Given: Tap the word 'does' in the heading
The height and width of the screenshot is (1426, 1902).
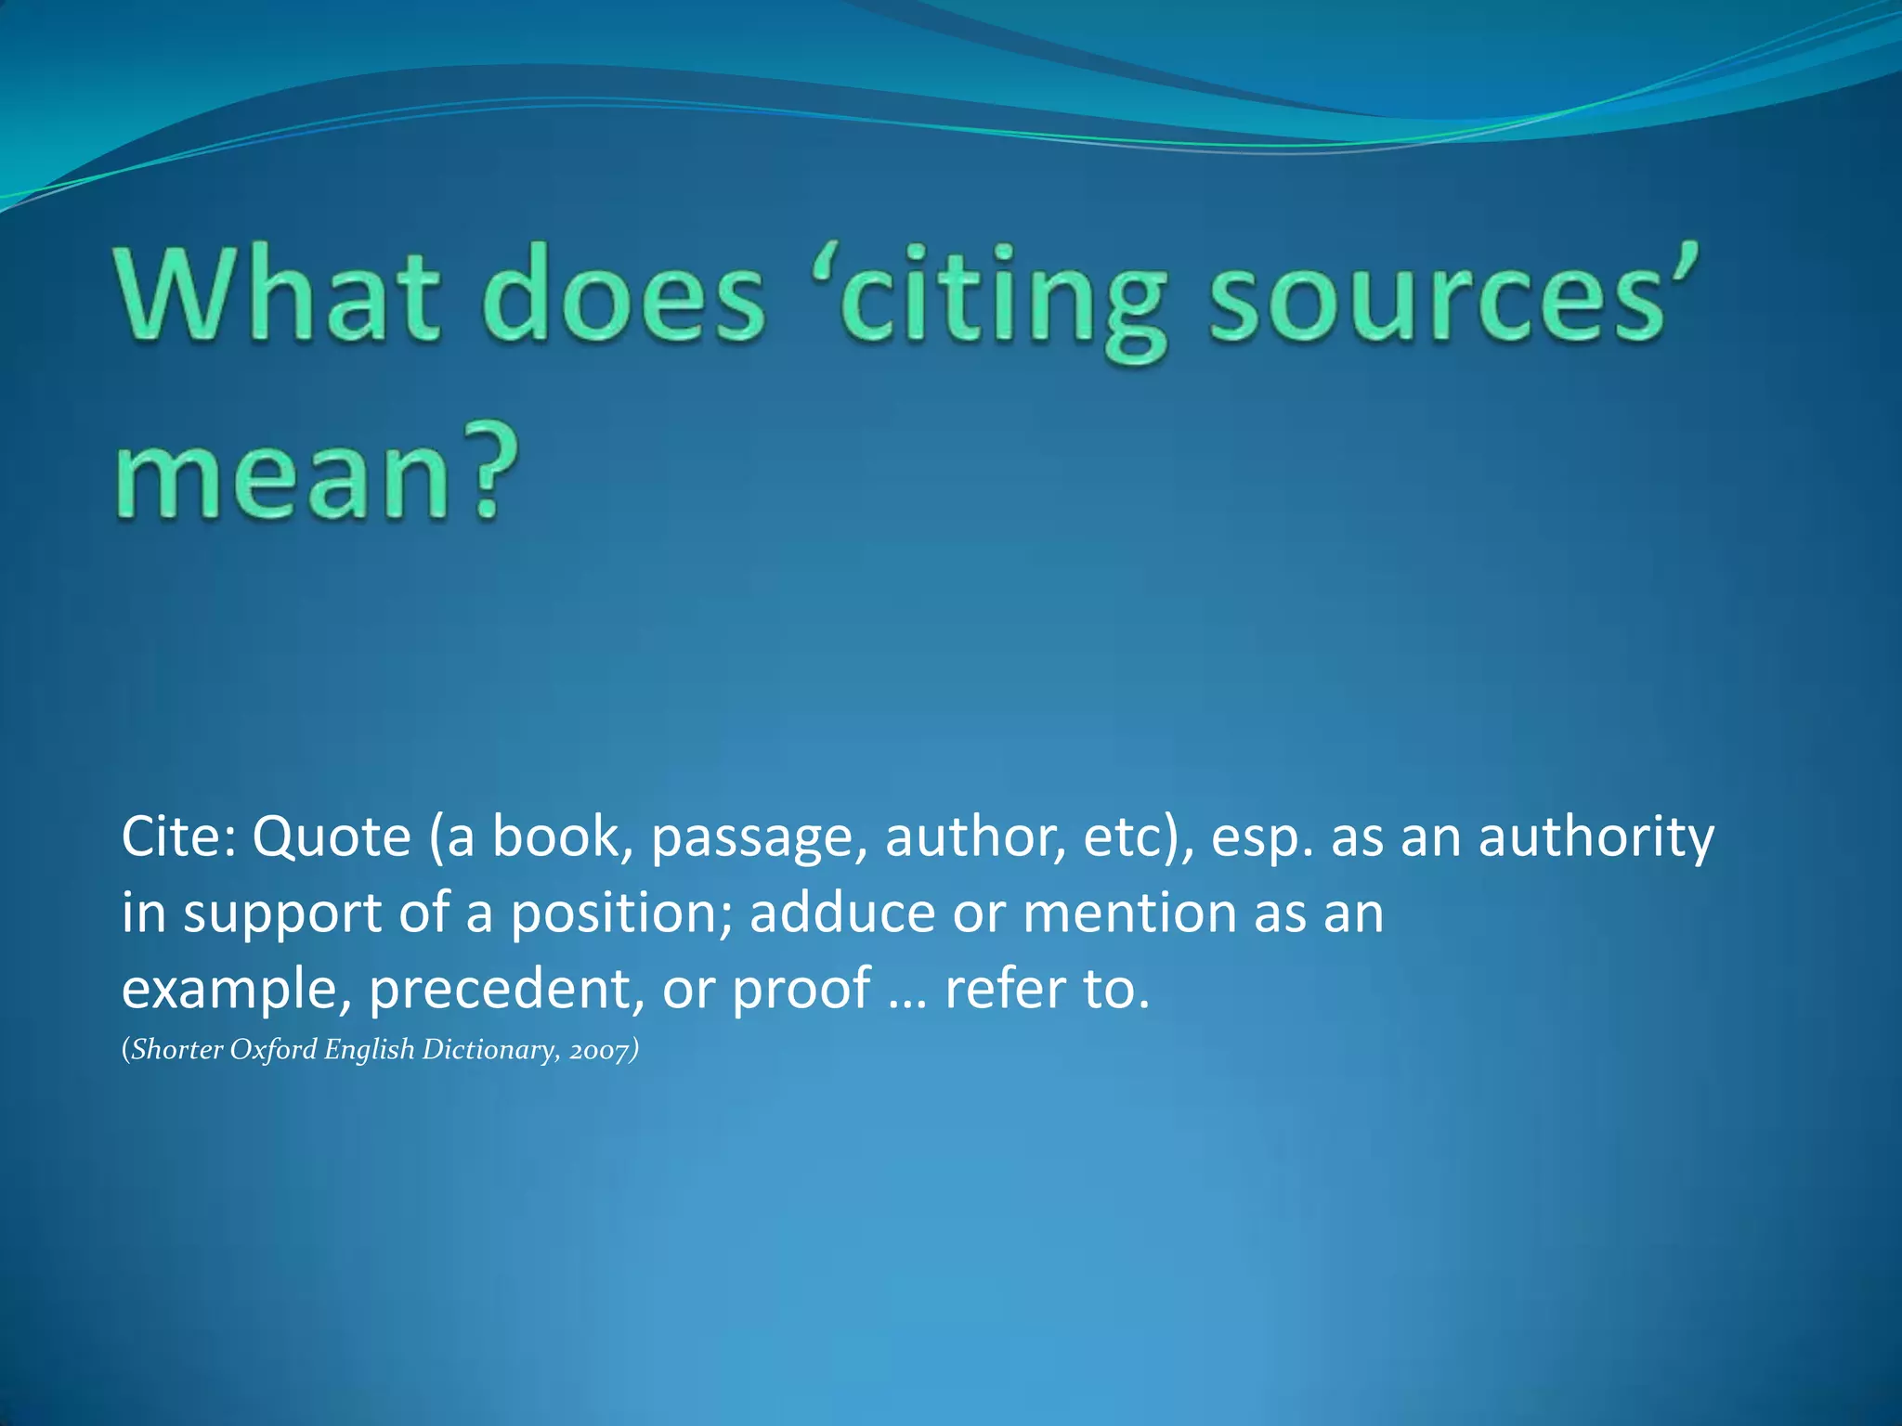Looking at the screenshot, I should (623, 295).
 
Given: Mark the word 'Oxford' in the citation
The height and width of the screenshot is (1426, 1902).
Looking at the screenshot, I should (273, 1049).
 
